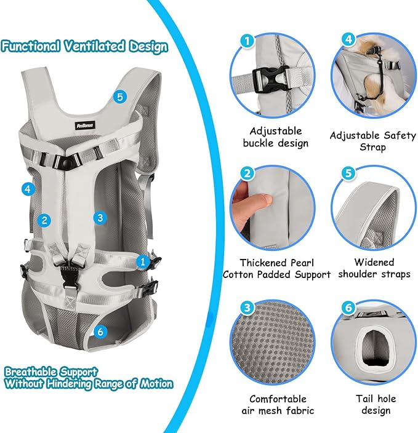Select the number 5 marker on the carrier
(119, 97)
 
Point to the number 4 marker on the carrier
(27, 189)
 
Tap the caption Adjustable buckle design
(275, 137)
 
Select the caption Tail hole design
(374, 404)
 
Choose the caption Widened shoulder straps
(374, 268)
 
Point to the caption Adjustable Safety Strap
(372, 141)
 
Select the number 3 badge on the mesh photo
(247, 307)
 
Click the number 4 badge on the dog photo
(348, 41)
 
